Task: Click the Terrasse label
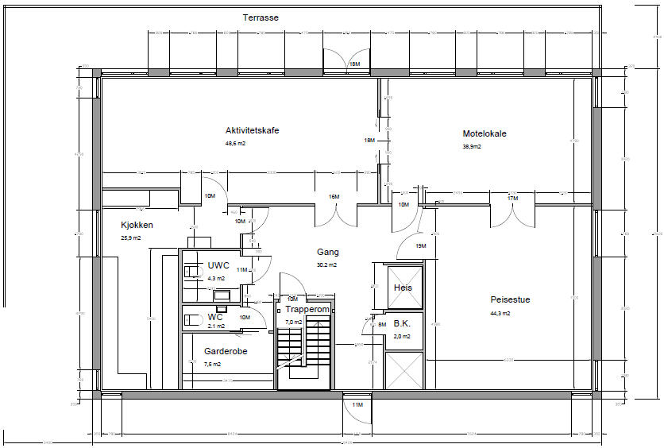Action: tap(261, 17)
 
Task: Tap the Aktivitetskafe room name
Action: tap(252, 130)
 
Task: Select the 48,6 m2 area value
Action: tap(235, 144)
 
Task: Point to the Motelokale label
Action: tap(484, 133)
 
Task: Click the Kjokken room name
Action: tap(137, 225)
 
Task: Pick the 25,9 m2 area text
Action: tap(131, 238)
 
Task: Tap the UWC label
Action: tap(218, 265)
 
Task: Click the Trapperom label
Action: tap(307, 309)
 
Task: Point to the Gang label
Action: tap(328, 252)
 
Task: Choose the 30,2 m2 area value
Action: tap(327, 265)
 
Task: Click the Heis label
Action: tap(403, 288)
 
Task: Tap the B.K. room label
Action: tap(401, 324)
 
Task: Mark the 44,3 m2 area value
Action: tap(500, 313)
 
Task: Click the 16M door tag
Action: tap(334, 197)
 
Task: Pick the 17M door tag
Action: tap(512, 198)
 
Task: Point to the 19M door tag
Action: tap(421, 246)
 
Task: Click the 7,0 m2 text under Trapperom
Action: tap(293, 322)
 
